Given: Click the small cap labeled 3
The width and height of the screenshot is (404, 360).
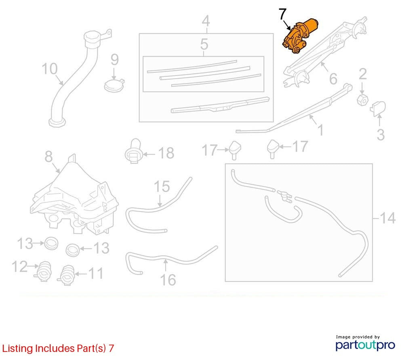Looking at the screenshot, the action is click(378, 108).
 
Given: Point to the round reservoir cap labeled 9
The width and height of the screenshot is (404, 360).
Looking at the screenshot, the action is click(114, 85).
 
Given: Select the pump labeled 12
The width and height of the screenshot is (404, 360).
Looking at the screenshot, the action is click(43, 271).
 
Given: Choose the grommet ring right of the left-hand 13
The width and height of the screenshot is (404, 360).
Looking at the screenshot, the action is click(51, 243).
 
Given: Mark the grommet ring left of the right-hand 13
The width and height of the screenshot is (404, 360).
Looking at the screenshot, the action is click(73, 250).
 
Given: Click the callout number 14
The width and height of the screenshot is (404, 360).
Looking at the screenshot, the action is click(387, 218).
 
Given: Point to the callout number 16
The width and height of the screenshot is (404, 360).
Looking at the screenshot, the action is click(168, 280).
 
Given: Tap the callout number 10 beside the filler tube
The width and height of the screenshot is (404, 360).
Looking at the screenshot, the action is click(49, 69).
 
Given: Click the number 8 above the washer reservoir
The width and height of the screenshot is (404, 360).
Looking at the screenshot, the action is click(48, 156).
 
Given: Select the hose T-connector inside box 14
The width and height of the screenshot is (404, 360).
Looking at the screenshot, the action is click(284, 195).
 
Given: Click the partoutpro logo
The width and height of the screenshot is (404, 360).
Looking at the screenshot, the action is click(365, 344).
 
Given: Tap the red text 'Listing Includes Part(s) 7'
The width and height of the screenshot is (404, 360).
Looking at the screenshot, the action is click(58, 348).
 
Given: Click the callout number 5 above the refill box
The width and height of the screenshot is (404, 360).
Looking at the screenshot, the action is click(204, 44).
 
